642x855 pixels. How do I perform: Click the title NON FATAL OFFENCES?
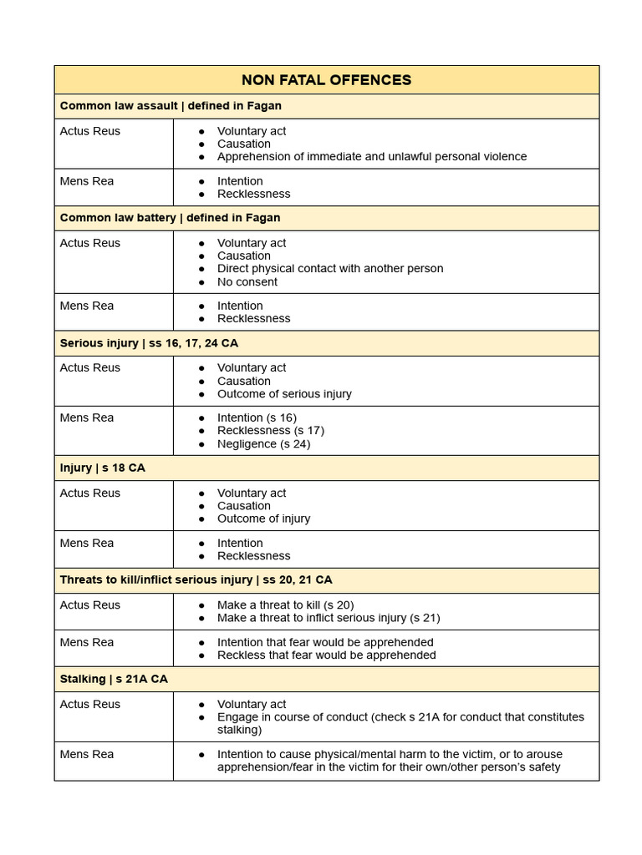(326, 80)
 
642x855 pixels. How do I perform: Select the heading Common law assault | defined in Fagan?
(171, 106)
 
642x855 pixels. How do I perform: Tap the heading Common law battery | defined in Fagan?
(170, 218)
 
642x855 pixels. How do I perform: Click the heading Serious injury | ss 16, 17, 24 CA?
(149, 343)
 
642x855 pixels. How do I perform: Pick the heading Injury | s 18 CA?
(102, 468)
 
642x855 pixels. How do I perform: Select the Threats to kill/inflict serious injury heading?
(196, 579)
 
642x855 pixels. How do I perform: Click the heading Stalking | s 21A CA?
(114, 679)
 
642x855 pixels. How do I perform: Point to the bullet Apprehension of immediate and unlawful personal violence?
(371, 156)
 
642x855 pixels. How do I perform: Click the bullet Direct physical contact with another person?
(329, 269)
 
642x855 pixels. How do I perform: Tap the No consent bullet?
(247, 281)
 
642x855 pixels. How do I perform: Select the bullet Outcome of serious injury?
(284, 393)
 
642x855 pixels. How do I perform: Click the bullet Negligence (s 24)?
(263, 443)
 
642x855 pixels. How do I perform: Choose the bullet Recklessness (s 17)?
(270, 431)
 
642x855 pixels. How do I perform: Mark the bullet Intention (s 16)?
(257, 417)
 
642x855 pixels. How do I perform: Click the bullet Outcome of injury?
(263, 519)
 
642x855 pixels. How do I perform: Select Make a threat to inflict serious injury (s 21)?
(328, 618)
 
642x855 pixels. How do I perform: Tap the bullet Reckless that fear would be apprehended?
(326, 655)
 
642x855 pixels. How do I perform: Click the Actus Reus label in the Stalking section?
(89, 704)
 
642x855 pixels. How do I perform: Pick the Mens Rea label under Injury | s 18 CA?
(87, 543)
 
